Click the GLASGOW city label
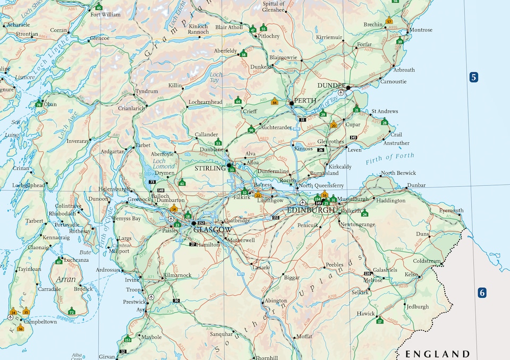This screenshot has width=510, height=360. pos(212,230)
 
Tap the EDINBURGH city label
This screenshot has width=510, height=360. pos(311,210)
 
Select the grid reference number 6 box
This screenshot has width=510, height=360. pos(482,292)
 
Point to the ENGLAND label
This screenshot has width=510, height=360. pos(438,354)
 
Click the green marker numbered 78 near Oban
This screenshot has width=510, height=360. pos(39,105)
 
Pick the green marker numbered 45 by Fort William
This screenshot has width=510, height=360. pos(98,7)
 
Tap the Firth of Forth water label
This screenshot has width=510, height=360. pos(390,158)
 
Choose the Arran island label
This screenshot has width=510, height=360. pos(62,279)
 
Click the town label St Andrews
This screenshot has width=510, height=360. pos(384,112)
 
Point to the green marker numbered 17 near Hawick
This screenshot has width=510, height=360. pos(379,321)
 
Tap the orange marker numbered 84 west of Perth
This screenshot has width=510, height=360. pos(275,102)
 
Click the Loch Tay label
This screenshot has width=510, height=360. pos(216,79)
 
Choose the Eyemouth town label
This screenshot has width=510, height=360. pos(451,210)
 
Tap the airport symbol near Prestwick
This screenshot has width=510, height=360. pos(151,297)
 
